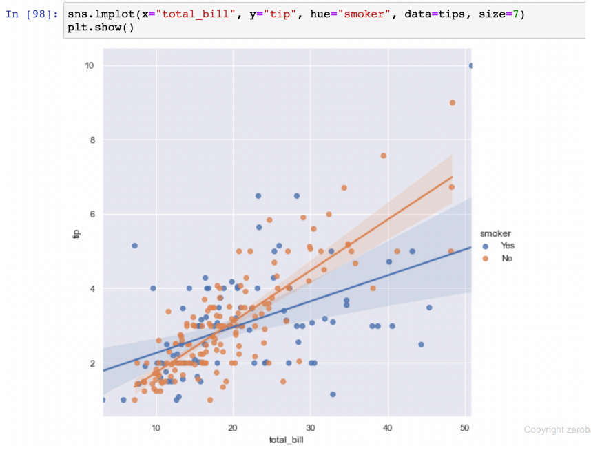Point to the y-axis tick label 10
(x=89, y=65)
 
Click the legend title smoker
(x=495, y=233)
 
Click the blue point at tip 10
(x=471, y=66)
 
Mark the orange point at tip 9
(x=453, y=103)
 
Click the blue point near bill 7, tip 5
(x=135, y=246)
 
